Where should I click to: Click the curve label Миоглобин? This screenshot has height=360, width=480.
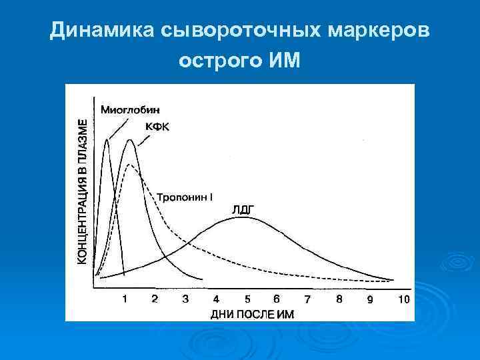[x=131, y=109]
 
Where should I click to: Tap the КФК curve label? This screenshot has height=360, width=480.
[x=157, y=128]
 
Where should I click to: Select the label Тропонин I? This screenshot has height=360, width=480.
[x=185, y=197]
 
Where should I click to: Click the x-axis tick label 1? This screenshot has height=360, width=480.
[x=124, y=299]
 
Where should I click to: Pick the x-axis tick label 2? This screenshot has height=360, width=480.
[x=155, y=299]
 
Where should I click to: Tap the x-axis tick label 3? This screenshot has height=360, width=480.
[x=185, y=299]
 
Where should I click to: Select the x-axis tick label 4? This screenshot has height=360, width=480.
[x=216, y=299]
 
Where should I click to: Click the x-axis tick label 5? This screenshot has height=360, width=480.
[x=247, y=299]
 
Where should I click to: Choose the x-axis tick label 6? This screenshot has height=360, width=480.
[x=277, y=299]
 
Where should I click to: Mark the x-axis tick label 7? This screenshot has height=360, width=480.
[x=307, y=299]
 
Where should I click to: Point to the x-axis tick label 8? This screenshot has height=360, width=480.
[x=339, y=299]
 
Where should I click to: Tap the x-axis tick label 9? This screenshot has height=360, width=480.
[x=370, y=299]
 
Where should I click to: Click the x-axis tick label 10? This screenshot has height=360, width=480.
[x=403, y=299]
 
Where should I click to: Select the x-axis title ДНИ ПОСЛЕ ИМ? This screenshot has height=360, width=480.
[x=251, y=313]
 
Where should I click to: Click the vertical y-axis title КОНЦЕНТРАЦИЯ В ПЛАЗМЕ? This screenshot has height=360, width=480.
[x=82, y=192]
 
